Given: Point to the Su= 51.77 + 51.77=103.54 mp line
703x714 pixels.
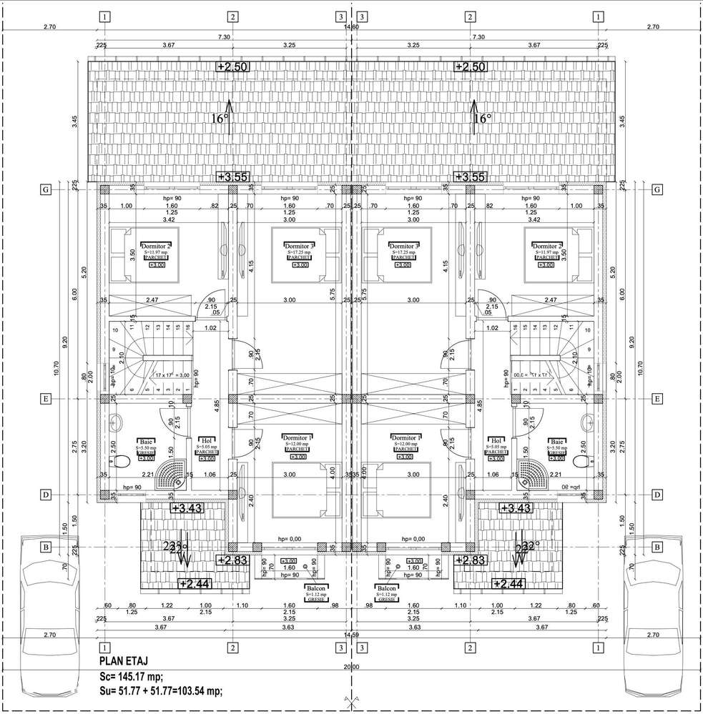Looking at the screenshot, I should pyautogui.click(x=161, y=690).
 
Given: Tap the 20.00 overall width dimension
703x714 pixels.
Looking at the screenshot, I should pyautogui.click(x=351, y=667).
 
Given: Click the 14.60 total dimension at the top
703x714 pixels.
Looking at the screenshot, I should pyautogui.click(x=351, y=26).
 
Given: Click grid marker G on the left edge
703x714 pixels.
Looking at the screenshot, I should pyautogui.click(x=45, y=190).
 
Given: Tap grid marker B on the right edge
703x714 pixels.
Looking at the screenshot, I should pyautogui.click(x=657, y=547).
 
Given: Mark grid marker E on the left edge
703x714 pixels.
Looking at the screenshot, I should pyautogui.click(x=45, y=399).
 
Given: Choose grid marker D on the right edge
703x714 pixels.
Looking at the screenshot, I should pyautogui.click(x=657, y=495).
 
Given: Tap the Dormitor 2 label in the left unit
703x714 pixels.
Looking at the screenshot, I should pyautogui.click(x=155, y=246).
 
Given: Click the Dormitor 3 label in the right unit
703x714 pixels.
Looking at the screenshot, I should pyautogui.click(x=405, y=246).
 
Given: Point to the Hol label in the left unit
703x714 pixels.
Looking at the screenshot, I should pyautogui.click(x=207, y=441).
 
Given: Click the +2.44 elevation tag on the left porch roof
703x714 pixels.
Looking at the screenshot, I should pyautogui.click(x=195, y=585).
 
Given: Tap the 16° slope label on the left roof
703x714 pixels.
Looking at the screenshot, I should pyautogui.click(x=220, y=119).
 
